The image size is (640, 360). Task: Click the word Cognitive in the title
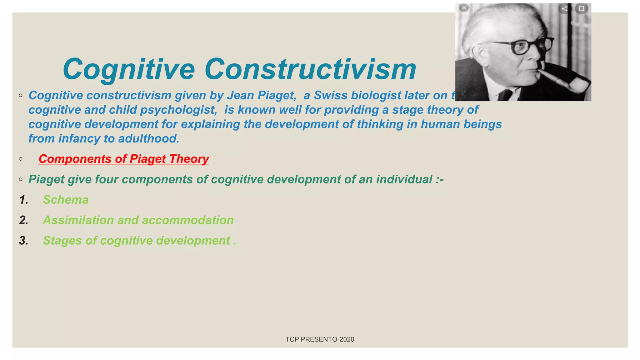[129, 70]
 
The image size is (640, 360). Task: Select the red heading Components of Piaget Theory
[123, 159]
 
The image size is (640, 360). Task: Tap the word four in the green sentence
[107, 179]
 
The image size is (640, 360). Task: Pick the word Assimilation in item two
[78, 220]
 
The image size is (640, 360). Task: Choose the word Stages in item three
[62, 241]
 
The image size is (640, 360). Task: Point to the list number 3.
[23, 241]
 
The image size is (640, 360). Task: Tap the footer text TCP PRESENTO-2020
[320, 339]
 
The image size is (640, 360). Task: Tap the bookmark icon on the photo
[581, 8]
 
